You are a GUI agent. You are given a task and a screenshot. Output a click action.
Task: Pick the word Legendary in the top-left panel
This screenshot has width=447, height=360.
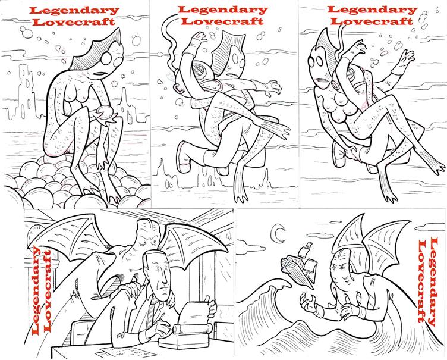pyautogui.click(x=74, y=11)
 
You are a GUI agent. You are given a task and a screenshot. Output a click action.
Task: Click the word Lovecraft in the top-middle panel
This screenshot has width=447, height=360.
pyautogui.click(x=223, y=21)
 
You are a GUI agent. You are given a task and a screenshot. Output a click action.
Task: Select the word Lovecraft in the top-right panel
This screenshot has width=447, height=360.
pyautogui.click(x=372, y=21)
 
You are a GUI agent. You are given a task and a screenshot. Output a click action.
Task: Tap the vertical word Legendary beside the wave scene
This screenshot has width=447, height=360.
pyautogui.click(x=433, y=282)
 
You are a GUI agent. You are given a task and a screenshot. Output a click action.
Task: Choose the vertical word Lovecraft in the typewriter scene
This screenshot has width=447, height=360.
pyautogui.click(x=46, y=291)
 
